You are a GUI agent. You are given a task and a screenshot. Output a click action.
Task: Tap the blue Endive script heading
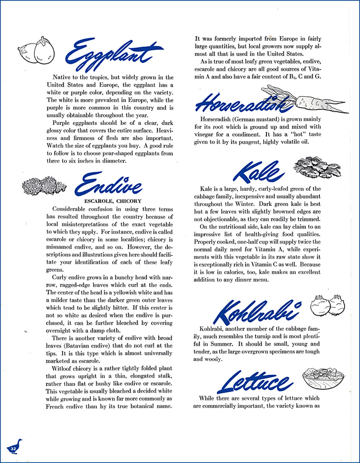[109, 184]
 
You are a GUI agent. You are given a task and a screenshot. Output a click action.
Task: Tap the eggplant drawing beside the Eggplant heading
[36, 51]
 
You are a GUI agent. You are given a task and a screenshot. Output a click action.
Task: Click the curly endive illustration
[44, 185]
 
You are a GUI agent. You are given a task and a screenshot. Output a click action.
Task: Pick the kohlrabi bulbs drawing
[327, 305]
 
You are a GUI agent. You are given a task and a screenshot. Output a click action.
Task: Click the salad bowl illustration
[322, 378]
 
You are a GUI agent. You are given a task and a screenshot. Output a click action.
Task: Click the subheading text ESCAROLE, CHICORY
[113, 201]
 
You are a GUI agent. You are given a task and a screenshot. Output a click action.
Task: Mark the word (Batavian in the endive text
[75, 345]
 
